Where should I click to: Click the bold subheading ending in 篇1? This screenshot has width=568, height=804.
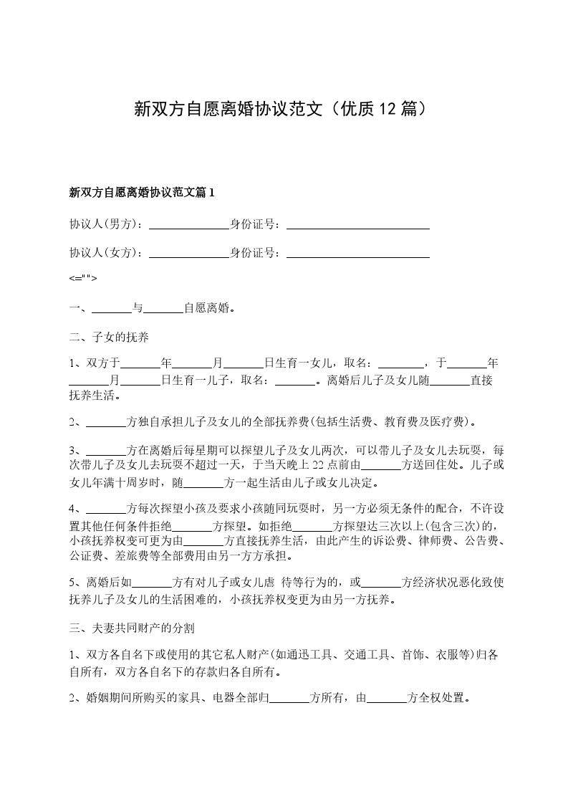142,192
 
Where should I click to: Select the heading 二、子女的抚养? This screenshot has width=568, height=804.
109,337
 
